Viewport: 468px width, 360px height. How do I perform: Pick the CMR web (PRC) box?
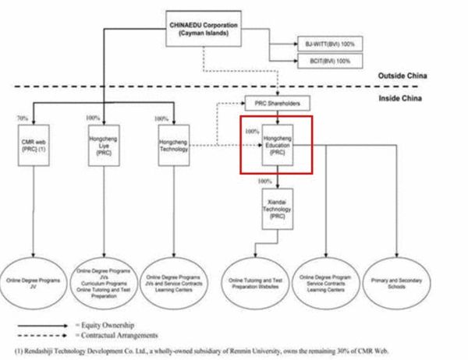pos(34,146)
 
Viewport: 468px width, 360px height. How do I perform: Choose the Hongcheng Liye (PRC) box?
pos(105,146)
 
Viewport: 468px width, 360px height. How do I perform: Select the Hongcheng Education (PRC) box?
pos(276,146)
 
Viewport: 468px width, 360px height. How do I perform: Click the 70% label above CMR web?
pos(21,117)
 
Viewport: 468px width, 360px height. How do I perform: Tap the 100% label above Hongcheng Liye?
pos(93,118)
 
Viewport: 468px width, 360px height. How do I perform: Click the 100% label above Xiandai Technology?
pos(264,182)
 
